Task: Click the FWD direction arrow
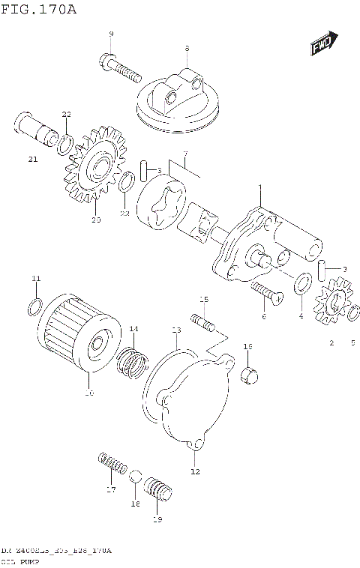[322, 44]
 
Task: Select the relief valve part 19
[157, 492]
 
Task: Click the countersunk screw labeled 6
[264, 291]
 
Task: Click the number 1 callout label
[259, 187]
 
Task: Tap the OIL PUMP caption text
[21, 561]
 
